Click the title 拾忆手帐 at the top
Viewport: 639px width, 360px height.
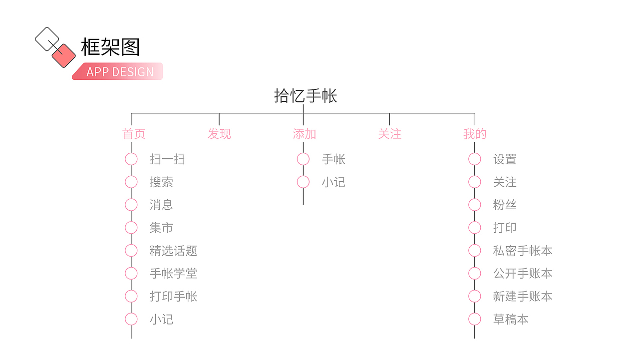coord(306,96)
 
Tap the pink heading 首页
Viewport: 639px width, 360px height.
coord(134,134)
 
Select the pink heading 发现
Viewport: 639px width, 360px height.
coord(219,134)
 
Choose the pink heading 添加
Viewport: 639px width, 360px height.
coord(305,134)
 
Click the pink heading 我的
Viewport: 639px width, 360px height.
coord(475,134)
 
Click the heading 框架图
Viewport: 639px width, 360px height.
coord(110,47)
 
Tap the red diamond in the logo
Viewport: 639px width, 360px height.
coord(63,55)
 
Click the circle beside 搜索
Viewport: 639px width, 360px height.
coord(131,182)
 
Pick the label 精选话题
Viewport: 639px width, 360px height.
coord(173,251)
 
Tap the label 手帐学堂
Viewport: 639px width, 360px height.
coord(173,274)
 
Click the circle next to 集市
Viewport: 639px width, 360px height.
coord(131,228)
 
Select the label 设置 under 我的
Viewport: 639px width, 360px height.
coord(505,159)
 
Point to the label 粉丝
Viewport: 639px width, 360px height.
coord(505,205)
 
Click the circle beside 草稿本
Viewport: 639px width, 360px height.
coord(475,319)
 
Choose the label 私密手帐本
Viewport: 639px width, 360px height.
coord(523,251)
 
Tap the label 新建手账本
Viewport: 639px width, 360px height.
coord(523,297)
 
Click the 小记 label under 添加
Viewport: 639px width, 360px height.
coord(333,182)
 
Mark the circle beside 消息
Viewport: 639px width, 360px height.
coord(131,205)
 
